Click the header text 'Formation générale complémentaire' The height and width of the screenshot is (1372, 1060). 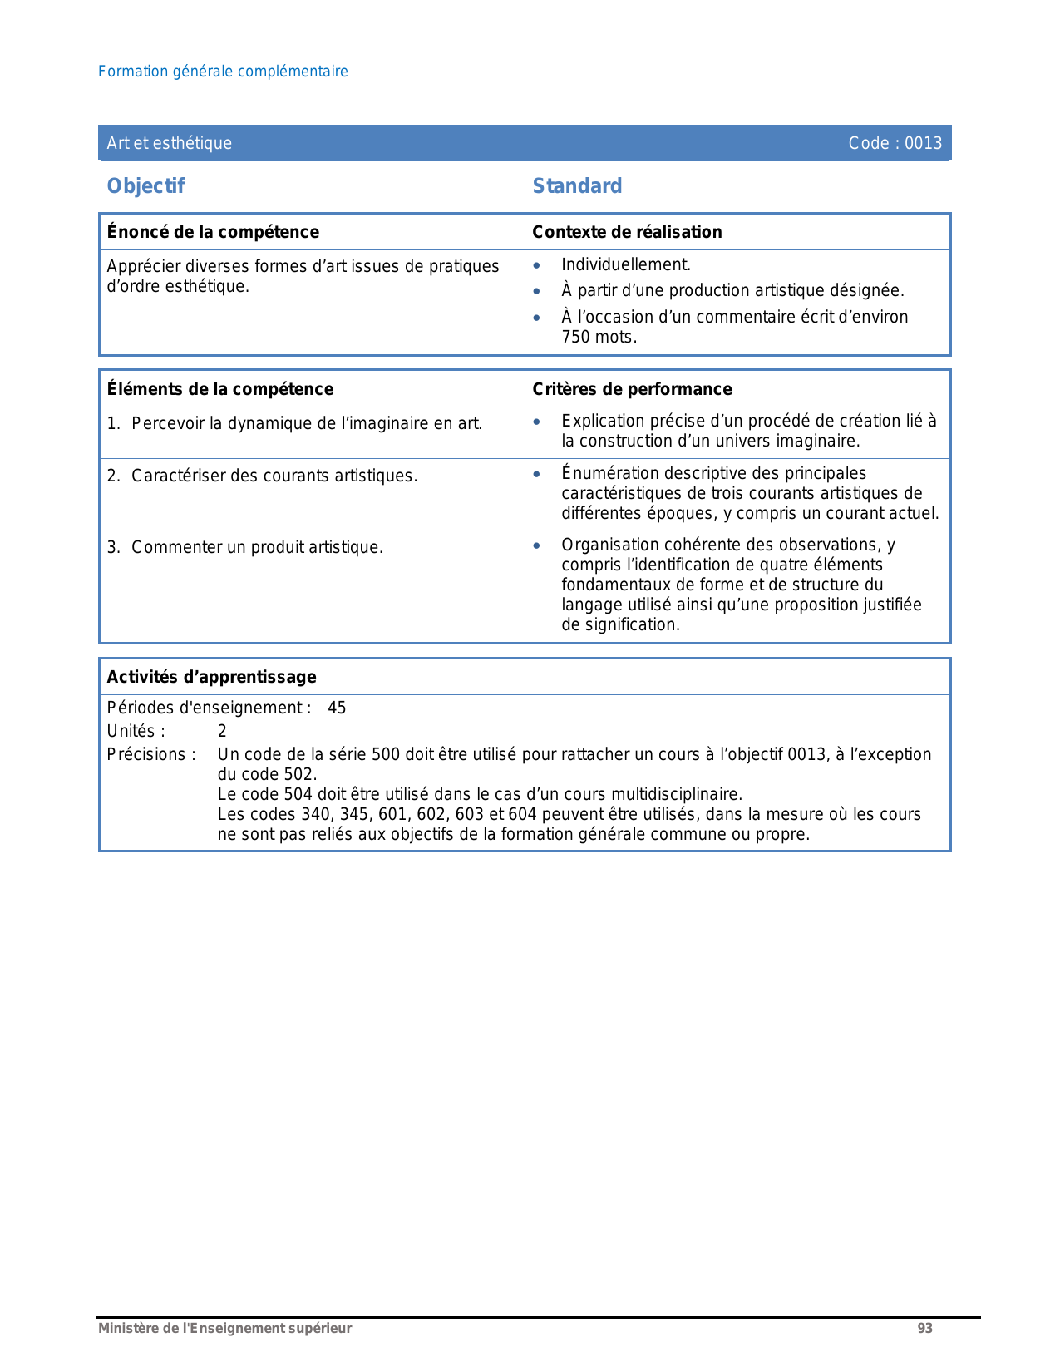pos(223,72)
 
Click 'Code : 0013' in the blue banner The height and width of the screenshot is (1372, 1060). pos(895,143)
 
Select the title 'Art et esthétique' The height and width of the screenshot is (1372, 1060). pos(170,143)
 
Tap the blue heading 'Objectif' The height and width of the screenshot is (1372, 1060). pos(145,186)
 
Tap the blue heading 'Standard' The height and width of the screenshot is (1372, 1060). pos(577,186)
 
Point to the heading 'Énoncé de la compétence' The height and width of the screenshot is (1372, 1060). pos(213,232)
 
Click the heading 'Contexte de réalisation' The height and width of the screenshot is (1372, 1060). pos(627,232)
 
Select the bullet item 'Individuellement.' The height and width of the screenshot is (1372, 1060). pos(626,265)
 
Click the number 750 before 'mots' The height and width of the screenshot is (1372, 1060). pos(576,337)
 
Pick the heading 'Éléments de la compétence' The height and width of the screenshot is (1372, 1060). pos(220,389)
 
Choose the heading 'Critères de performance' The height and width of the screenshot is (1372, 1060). pos(632,389)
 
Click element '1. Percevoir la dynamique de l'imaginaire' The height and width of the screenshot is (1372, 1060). pos(295,424)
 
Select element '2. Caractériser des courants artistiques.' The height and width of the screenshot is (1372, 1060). pos(263,476)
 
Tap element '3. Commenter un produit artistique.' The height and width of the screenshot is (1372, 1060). pos(245,548)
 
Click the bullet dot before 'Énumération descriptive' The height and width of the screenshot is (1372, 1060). pos(537,474)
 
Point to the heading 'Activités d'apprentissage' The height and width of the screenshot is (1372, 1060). pos(211,677)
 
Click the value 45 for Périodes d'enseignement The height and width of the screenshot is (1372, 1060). pos(337,708)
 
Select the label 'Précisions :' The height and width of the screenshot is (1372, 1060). pos(151,755)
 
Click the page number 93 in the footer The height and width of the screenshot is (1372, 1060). pos(924,1329)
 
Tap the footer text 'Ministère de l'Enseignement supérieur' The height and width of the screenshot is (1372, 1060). pos(224,1329)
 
